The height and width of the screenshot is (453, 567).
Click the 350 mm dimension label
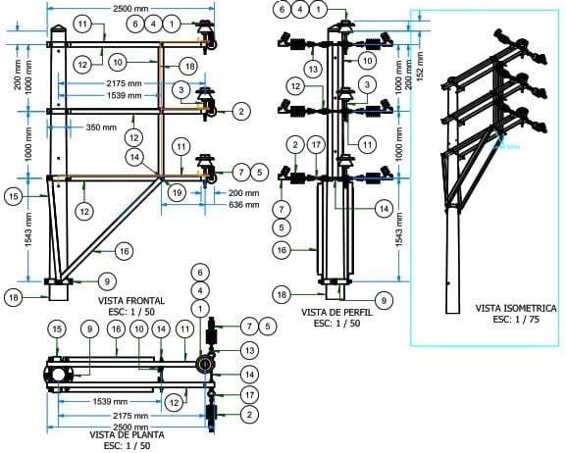coord(101,127)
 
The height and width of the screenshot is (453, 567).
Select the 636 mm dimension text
coord(245,206)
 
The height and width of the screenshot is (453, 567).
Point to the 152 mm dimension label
coord(420,68)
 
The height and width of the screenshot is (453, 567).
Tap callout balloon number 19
coord(176,194)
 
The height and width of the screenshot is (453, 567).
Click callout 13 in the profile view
coord(313,70)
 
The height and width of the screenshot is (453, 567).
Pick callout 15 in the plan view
coord(59,327)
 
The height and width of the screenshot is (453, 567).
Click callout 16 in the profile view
coord(283,251)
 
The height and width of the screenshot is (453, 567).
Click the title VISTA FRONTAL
coord(130,300)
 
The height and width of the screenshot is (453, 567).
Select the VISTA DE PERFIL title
coord(335,312)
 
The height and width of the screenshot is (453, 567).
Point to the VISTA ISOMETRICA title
coord(515,308)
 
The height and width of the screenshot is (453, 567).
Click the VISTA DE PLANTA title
coord(126,434)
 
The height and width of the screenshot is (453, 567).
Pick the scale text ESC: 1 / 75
coord(515,319)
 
